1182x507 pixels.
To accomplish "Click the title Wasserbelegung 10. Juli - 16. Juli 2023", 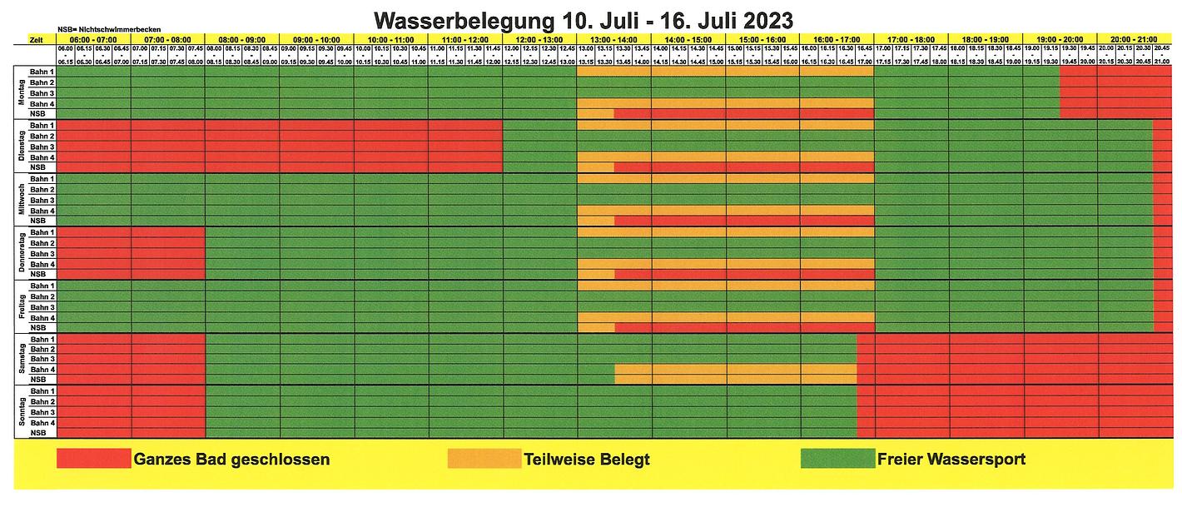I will coord(583,17).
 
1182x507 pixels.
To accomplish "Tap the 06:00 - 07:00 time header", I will coord(93,39).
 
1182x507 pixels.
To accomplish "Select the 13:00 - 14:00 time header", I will coord(613,39).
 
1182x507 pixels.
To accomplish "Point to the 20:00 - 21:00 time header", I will coord(1135,39).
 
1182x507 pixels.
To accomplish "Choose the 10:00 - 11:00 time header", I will coord(390,39).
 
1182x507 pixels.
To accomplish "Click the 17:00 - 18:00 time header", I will coord(911,39).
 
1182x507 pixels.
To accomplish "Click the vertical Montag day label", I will coord(22,93).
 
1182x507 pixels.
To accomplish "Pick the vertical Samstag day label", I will coord(22,359).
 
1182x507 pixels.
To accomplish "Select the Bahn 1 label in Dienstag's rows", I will coord(42,126).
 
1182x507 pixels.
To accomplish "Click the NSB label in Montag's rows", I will coord(42,114).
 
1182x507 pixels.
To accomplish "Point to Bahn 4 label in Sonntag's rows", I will coord(42,423).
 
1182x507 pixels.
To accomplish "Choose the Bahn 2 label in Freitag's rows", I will coord(42,296).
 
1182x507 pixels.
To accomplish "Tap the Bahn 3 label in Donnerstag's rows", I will coord(42,254).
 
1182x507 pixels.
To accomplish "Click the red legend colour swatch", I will coord(93,459).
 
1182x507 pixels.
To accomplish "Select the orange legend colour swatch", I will coord(484,459).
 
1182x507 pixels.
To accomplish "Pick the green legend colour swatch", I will coord(837,459).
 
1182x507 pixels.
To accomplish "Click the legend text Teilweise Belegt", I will coord(587,459).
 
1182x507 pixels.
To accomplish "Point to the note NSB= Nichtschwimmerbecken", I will coord(109,29).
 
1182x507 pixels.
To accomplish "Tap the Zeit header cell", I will coord(35,39).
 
